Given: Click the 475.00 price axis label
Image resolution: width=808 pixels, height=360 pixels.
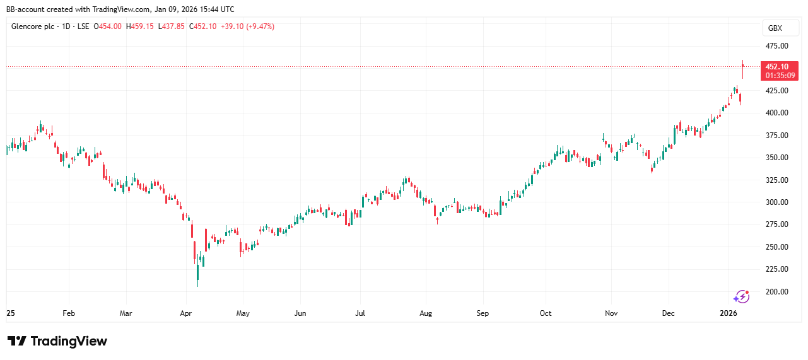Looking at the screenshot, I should pos(776,46).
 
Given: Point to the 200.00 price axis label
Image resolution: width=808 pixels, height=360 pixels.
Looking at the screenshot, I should pos(776,291).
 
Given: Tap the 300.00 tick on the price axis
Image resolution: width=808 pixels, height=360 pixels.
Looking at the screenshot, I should pos(776,202).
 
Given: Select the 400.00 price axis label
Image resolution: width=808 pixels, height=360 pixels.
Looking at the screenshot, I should pos(776,113).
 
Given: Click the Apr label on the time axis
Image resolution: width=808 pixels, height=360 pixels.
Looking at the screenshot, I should pos(185,313).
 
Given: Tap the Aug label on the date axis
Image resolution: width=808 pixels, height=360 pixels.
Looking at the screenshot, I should pos(426,313).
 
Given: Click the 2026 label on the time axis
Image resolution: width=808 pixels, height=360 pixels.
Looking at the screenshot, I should pos(729,313).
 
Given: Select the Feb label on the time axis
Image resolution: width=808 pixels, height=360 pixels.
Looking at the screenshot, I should pos(69,313).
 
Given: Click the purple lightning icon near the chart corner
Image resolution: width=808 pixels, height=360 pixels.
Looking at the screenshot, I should pos(742,296).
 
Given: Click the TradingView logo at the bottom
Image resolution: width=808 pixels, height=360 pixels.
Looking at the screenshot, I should pos(57,341).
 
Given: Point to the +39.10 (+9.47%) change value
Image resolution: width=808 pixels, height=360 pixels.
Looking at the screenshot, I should pos(247,26).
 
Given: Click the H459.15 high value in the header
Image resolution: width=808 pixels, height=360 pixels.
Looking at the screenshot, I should pos(140,26).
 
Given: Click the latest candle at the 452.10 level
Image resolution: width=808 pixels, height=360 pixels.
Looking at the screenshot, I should pos(743,69).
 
